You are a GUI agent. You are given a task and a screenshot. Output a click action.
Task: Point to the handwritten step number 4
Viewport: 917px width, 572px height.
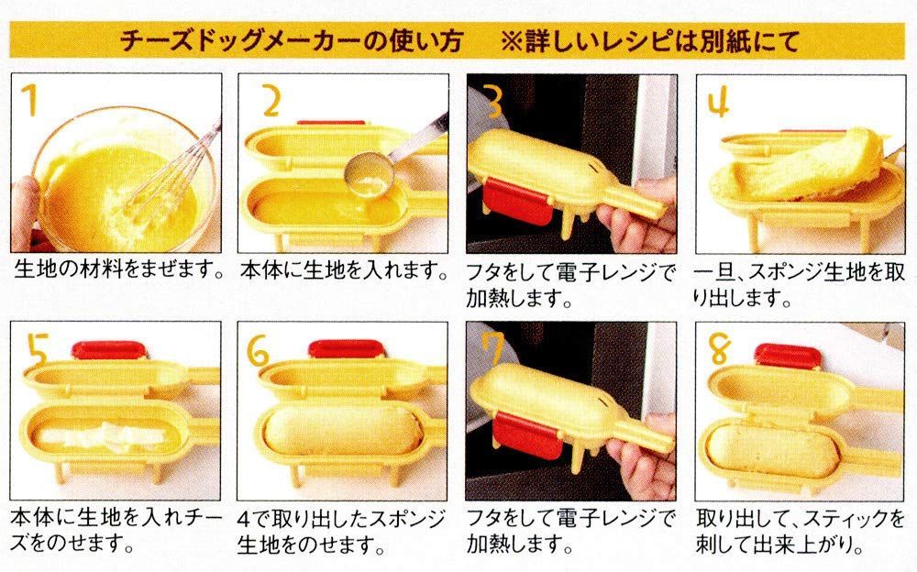718,102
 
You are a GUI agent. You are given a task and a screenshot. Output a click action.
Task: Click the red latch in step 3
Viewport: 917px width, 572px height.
517,203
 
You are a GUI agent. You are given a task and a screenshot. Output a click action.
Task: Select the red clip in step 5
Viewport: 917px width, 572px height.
109,350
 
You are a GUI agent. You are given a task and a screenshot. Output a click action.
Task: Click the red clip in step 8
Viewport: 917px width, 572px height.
787,355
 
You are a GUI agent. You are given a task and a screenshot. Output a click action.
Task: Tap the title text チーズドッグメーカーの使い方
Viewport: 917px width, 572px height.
291,41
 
